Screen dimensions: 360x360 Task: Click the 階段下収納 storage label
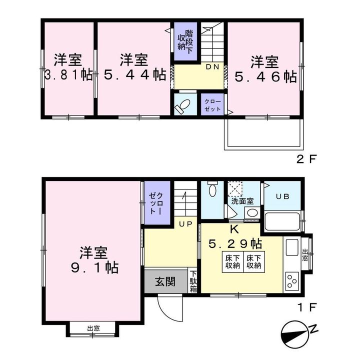click(185, 42)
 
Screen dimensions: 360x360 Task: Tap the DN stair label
click(212, 67)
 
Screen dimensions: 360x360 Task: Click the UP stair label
click(185, 224)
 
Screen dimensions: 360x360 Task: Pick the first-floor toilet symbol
click(212, 188)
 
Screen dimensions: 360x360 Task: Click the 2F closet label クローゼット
click(212, 105)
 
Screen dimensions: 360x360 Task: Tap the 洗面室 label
click(242, 201)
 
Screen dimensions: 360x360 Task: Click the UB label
click(282, 196)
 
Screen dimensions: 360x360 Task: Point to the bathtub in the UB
click(282, 222)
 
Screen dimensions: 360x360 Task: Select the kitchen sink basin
click(292, 247)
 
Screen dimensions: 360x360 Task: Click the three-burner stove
click(292, 280)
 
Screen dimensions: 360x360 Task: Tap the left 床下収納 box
click(232, 262)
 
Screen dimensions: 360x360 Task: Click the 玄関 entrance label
click(165, 281)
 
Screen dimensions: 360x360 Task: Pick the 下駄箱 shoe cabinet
click(193, 281)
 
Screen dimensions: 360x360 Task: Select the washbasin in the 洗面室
click(252, 213)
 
